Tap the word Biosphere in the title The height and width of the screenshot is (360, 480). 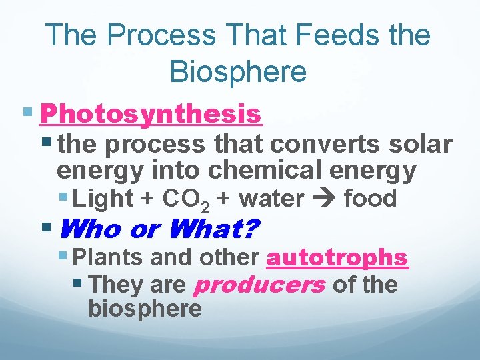(x=238, y=71)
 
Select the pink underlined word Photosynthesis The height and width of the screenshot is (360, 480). (x=151, y=114)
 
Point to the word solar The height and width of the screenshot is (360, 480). (x=417, y=143)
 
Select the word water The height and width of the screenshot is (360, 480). (x=271, y=199)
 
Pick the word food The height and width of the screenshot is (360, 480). (x=370, y=199)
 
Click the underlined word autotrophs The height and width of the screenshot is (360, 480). (x=337, y=257)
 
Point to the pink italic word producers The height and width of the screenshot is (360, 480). (x=259, y=285)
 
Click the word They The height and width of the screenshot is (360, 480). (x=114, y=285)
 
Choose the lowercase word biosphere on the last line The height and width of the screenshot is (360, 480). (x=145, y=309)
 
